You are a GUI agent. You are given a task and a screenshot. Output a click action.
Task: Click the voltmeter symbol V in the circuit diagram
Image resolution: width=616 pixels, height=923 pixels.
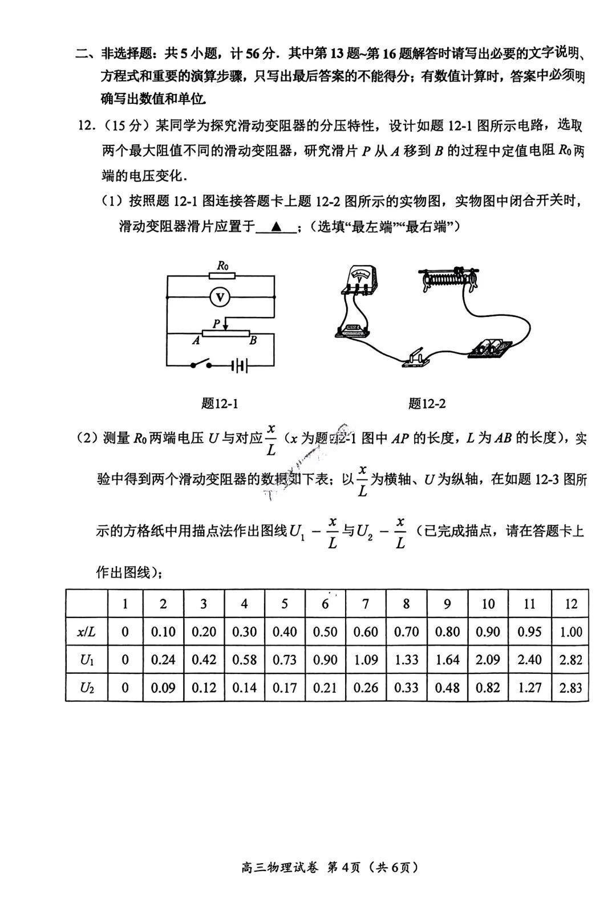coord(220,297)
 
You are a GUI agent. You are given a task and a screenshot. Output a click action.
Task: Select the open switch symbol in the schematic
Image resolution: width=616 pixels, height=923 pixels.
coord(201,364)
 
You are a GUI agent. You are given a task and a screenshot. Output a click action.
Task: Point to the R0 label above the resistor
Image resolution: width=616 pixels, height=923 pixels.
coord(222,265)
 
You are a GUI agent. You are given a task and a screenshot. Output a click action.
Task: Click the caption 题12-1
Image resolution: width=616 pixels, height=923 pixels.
coord(220,404)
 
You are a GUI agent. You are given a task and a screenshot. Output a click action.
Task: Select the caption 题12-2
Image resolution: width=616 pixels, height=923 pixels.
coord(427,404)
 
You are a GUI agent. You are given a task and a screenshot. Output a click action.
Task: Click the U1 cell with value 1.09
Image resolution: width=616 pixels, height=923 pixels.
coord(366,660)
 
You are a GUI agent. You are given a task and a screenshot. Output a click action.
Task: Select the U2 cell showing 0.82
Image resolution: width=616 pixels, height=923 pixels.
coord(488,688)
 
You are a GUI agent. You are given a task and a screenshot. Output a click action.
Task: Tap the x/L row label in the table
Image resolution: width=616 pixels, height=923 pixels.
coord(87,632)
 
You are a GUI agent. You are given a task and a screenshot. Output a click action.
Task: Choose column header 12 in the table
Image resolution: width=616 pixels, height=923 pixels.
coord(570,604)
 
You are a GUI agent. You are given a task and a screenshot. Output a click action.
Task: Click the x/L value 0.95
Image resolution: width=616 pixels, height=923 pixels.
coord(529,632)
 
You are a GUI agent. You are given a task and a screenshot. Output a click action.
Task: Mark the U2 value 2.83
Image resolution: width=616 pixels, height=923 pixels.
coord(570,688)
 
